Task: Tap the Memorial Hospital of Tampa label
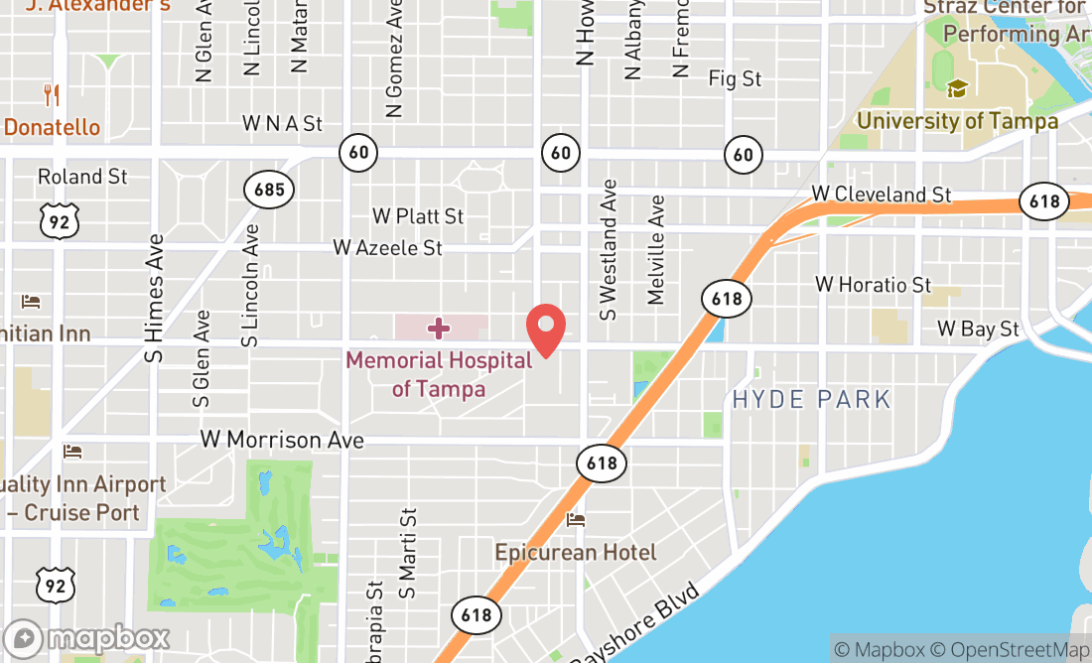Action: (439, 373)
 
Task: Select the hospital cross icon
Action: (439, 329)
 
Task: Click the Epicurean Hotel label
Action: (576, 552)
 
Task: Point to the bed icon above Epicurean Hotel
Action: (576, 520)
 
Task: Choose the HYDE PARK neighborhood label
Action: (811, 400)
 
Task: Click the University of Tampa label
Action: (957, 121)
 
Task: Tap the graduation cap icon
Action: (957, 89)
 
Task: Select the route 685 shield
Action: (270, 190)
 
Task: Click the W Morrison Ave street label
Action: (282, 439)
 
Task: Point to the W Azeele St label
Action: (387, 247)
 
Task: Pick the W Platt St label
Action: (418, 215)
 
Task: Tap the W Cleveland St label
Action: (882, 194)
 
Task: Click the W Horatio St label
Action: (874, 285)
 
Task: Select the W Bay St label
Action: (978, 329)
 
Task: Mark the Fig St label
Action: (735, 78)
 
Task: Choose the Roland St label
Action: (82, 177)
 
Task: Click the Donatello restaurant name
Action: (53, 127)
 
